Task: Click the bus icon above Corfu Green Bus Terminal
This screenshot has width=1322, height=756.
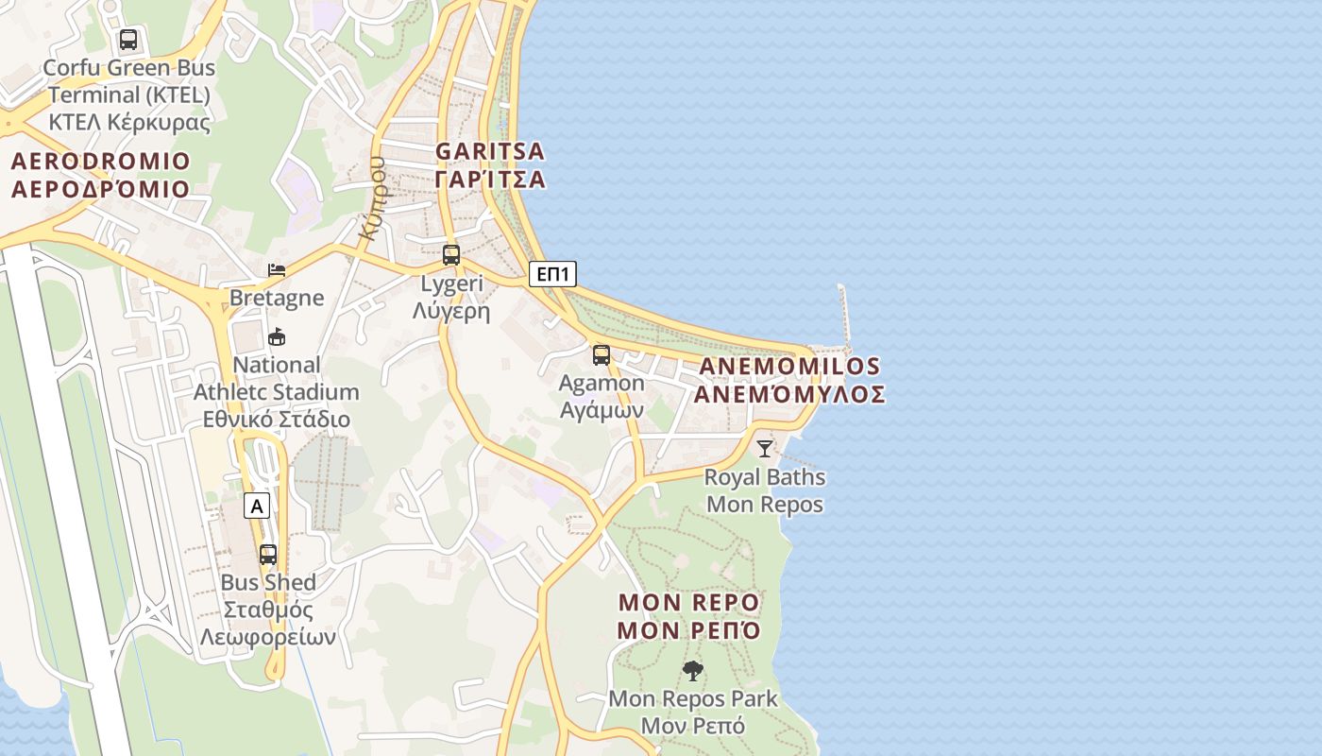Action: coord(128,40)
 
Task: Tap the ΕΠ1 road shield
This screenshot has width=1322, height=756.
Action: coord(552,274)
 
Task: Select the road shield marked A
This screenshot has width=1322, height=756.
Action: coord(257,507)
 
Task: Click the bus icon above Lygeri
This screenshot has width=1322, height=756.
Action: coord(451,254)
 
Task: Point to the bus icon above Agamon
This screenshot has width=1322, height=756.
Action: coord(602,355)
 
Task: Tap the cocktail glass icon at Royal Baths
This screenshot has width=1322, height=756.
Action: coord(765,449)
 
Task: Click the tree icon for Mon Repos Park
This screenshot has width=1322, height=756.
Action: coord(693,671)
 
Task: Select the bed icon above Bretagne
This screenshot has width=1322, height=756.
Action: coord(277,270)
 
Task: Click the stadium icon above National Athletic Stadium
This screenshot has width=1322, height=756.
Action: coord(277,336)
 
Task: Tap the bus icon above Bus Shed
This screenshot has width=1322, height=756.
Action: coord(268,554)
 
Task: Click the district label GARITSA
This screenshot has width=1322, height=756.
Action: coord(490,151)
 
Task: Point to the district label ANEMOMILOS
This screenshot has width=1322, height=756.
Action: coord(789,367)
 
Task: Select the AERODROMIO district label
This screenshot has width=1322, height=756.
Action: coord(100,162)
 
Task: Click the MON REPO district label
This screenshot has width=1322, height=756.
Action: coord(689,603)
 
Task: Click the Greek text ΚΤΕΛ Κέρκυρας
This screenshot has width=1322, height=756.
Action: coord(129,122)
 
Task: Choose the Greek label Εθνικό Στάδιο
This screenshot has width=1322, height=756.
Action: coord(276,420)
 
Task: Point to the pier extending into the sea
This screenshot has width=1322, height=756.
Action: coord(844,317)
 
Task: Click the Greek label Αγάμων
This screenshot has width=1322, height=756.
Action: coord(602,410)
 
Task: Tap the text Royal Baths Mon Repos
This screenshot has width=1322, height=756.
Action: coord(765,490)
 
